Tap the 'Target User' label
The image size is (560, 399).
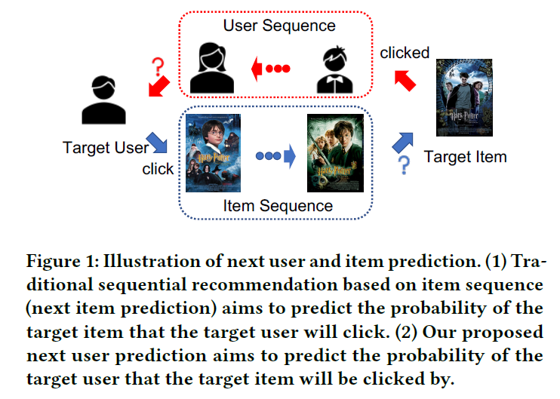click(105, 148)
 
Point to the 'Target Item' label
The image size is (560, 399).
click(465, 157)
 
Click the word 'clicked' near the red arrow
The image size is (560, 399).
click(405, 53)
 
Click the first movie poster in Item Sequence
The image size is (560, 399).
click(212, 152)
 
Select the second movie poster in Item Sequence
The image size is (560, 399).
click(330, 153)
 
